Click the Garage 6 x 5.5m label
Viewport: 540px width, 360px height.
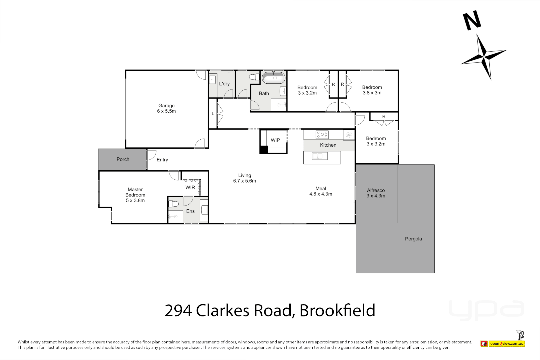166,108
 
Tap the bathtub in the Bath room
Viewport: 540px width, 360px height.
274,78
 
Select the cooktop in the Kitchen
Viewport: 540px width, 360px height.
322,135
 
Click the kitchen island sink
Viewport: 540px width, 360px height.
319,156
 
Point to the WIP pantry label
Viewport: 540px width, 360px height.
275,140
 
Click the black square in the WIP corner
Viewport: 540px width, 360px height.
264,150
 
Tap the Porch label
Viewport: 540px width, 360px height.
123,159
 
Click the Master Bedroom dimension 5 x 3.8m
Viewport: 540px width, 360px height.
135,200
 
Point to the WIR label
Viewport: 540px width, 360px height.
190,187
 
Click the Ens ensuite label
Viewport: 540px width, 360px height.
190,211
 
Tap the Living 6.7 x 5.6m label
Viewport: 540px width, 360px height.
244,178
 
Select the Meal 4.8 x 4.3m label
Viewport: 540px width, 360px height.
321,191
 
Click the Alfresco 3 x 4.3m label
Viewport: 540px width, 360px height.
376,193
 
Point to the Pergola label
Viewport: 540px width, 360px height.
413,239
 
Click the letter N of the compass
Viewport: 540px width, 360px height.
472,20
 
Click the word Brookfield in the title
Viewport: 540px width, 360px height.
337,310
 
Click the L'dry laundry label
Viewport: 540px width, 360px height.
224,84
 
